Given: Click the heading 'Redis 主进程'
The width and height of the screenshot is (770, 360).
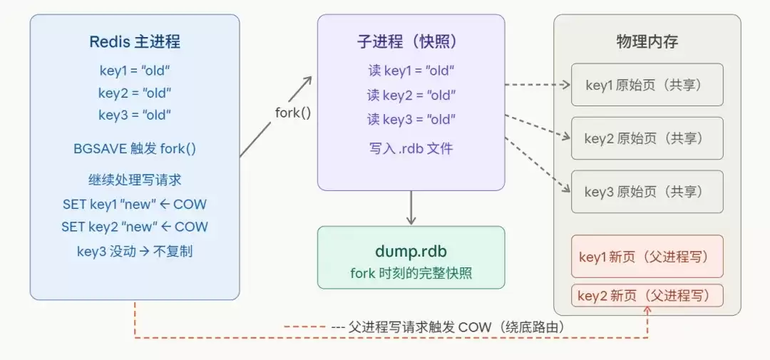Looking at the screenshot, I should pos(135,41).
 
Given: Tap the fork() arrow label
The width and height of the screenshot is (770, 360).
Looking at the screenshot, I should pos(293,112).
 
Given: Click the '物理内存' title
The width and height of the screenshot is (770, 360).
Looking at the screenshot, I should pos(647,41).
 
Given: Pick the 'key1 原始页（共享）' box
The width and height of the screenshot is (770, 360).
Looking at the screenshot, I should pos(647,85).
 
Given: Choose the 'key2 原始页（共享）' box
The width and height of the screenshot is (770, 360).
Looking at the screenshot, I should pos(647,138).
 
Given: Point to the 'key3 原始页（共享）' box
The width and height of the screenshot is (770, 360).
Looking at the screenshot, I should pos(647,191).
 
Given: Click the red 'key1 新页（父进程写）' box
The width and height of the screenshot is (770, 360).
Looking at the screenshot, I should pos(647,257).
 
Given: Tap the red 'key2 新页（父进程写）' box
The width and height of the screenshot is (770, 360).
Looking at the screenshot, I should pos(647,295).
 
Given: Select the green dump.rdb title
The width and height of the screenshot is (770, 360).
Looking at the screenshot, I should pos(411,251).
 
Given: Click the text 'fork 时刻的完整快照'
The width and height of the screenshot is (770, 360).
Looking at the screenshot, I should pos(411,272).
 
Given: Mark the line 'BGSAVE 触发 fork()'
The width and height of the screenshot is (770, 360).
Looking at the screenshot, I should pos(135,149).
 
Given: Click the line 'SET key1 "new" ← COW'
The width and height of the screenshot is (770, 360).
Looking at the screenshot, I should pos(135,204).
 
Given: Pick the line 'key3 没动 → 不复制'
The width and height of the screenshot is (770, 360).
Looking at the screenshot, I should pos(135,251).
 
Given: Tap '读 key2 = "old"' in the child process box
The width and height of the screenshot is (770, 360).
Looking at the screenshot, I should pos(411,95).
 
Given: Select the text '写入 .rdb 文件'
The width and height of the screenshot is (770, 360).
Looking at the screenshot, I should pos(411,149).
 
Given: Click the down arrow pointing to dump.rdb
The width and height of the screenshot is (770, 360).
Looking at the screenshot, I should pos(411,208).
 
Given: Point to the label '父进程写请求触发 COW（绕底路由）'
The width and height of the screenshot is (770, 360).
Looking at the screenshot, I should pos(456,326).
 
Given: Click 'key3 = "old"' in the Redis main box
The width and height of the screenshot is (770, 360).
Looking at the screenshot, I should pos(135,115).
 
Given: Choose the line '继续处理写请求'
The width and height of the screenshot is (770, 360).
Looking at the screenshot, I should pos(135,180).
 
